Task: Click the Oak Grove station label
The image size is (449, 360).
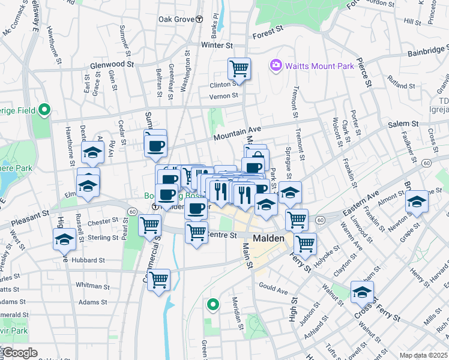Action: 176,19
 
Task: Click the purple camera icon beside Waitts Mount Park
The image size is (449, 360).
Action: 276,65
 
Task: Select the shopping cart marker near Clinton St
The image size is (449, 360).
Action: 239,68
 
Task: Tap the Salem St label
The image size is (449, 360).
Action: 402,123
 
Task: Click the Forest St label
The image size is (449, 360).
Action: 268,35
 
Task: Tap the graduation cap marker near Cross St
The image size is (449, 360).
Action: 361,292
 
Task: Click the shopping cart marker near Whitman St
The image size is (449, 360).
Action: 158,280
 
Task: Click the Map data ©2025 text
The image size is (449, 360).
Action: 423,355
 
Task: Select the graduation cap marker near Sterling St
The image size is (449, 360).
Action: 65,239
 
